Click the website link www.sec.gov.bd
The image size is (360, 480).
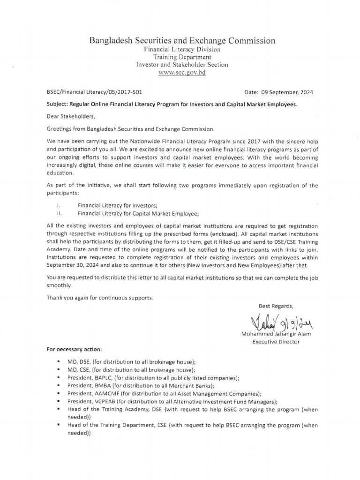coord(182,73)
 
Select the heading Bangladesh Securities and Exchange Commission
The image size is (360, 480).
coord(182,41)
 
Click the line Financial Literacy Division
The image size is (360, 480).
coord(182,49)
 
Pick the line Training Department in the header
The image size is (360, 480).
coord(182,57)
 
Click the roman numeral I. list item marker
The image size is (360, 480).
coord(58,205)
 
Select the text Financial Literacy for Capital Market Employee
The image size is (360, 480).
coord(138,213)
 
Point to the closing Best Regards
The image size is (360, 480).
coord(277,306)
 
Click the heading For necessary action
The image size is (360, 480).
coord(74,350)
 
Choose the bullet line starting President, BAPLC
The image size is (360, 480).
coord(153,378)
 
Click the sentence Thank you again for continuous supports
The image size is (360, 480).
coord(99,298)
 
